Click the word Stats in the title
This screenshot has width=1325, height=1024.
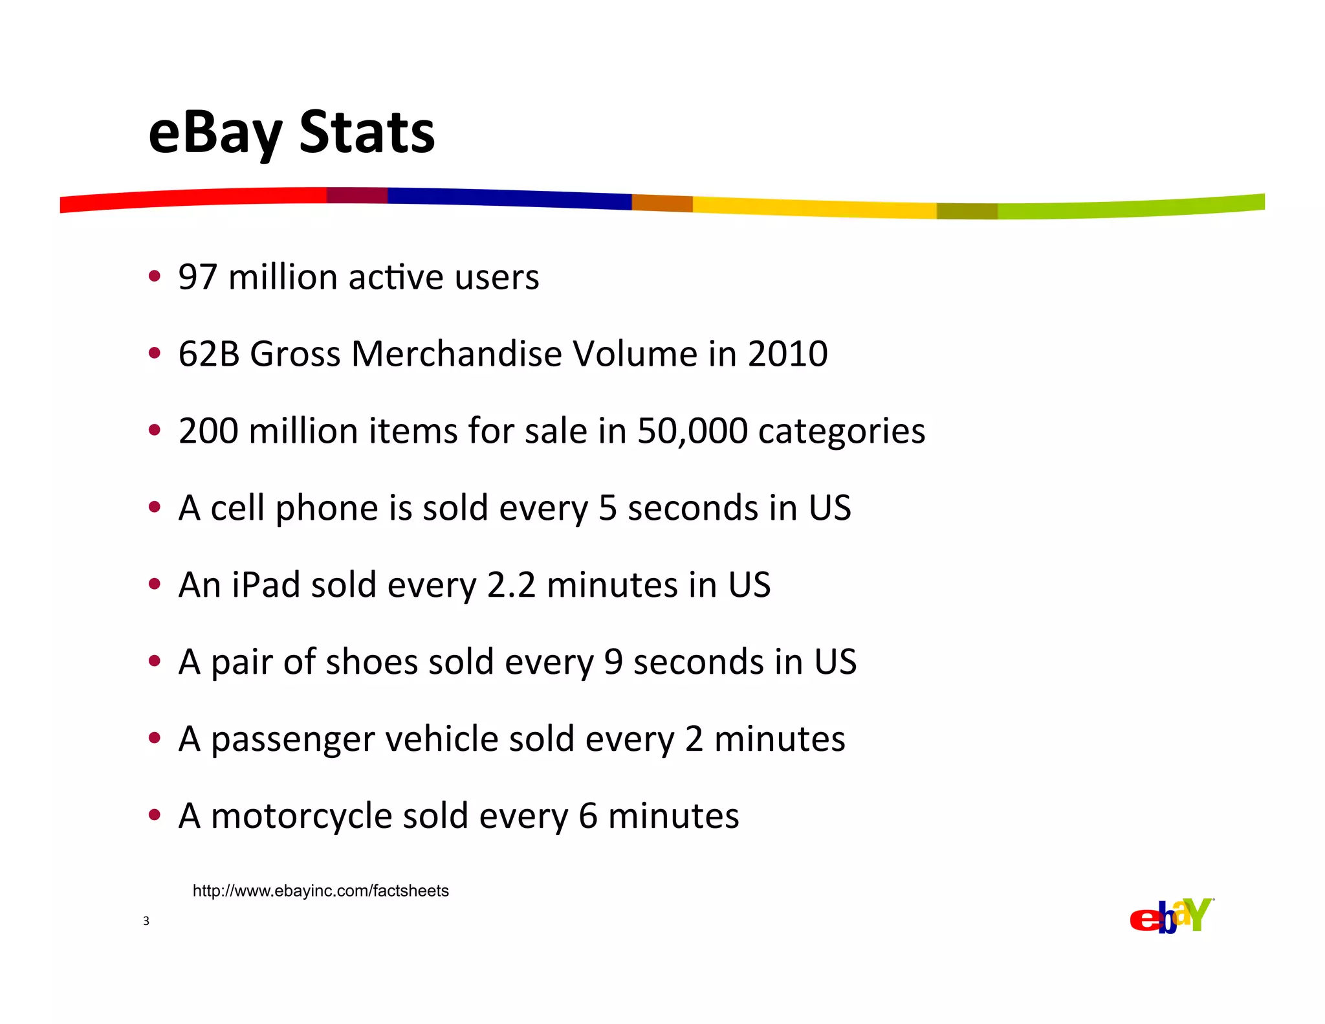(x=367, y=133)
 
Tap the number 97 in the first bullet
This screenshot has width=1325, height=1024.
(x=197, y=278)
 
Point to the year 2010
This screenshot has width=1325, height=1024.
(x=787, y=355)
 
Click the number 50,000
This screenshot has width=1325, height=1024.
(x=692, y=431)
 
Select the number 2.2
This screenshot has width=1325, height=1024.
(x=511, y=585)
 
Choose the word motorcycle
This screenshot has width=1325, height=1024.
(x=301, y=817)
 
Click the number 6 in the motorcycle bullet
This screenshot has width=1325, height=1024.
(x=587, y=816)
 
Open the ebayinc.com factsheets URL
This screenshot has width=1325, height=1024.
(x=320, y=891)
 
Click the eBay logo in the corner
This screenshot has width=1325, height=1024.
(x=1171, y=917)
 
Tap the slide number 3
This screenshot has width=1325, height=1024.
(x=146, y=921)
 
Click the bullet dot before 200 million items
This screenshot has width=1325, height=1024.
(x=154, y=430)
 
